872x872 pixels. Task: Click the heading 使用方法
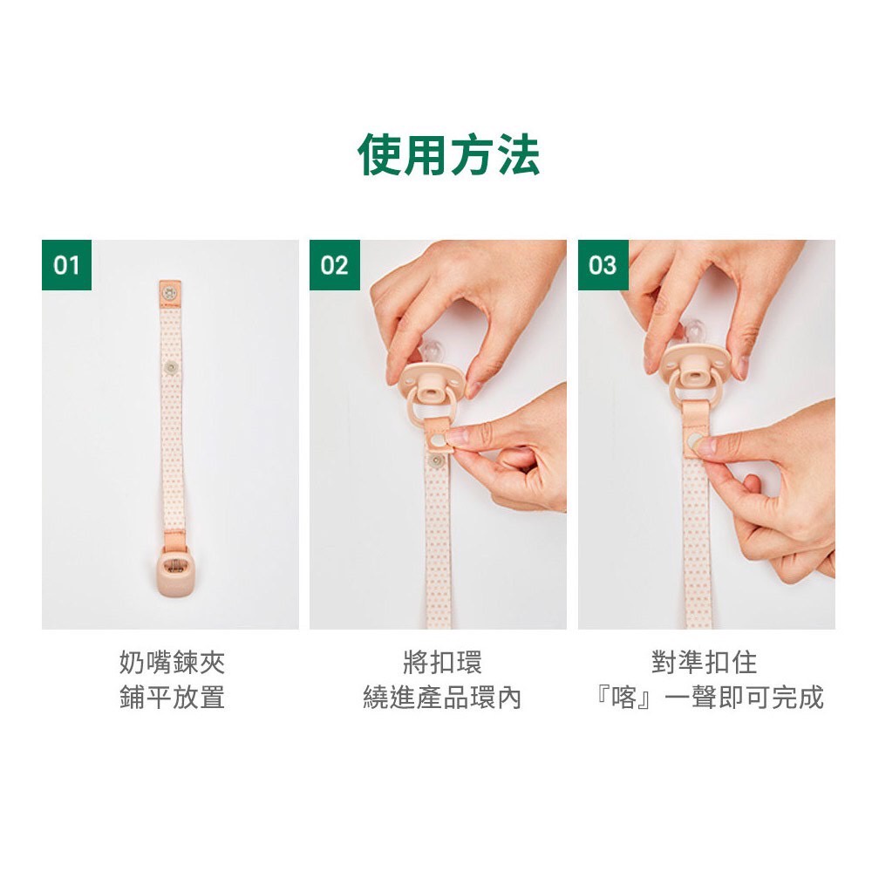448,154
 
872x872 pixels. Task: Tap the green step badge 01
67,265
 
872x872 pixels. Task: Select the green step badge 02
335,265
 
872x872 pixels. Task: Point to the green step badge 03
603,265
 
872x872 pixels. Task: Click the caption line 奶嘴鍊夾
173,663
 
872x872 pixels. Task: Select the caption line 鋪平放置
173,697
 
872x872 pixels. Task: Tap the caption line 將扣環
442,663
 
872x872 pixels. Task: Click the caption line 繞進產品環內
442,697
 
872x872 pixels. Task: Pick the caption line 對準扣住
704,663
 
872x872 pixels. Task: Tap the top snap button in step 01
167,291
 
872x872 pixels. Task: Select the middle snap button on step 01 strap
171,366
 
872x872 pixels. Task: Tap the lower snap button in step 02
437,460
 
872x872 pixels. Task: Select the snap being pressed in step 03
694,443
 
